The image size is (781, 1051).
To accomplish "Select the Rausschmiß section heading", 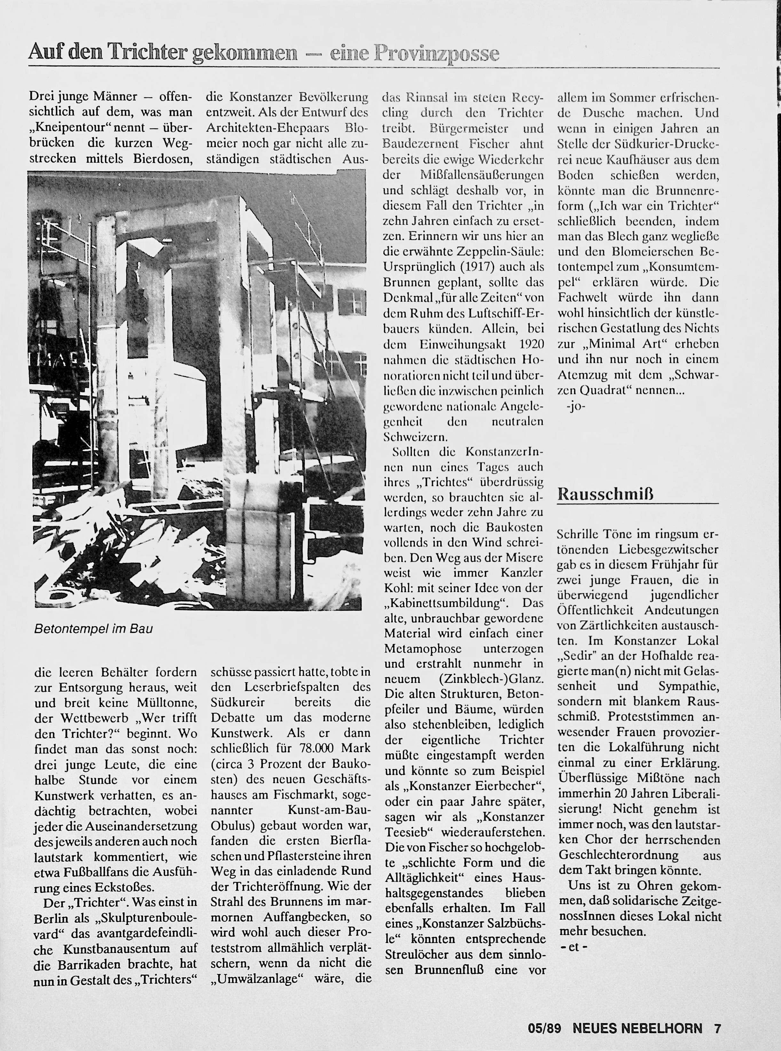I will click(x=606, y=495).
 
